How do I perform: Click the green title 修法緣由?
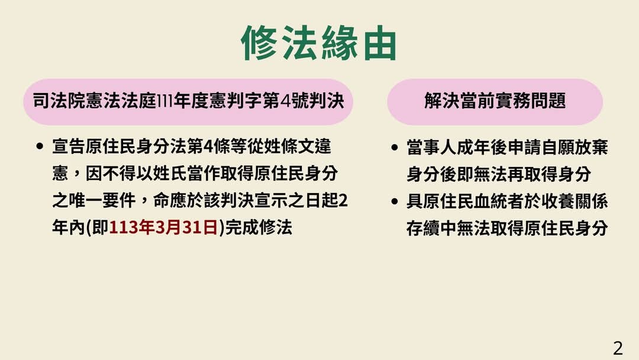coord(319,43)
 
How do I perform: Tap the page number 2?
coord(618,349)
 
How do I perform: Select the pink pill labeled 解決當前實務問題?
coord(495,101)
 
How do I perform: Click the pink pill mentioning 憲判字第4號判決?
coord(188,101)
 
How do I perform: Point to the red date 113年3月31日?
coord(163,227)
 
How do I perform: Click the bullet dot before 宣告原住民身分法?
coord(40,146)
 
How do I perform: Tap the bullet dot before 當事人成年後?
coord(394,147)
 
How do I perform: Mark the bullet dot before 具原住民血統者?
coord(394,201)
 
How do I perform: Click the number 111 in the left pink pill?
coord(164,101)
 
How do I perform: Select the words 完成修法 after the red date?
coord(259,227)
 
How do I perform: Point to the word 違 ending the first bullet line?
coord(323,146)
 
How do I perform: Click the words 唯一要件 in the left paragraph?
coord(102,200)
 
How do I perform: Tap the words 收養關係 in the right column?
coord(575,201)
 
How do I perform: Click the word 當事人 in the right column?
coord(431,147)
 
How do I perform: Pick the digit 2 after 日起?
coord(343,200)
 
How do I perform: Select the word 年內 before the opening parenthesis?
coord(69,227)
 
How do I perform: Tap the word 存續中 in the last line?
coord(431,228)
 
